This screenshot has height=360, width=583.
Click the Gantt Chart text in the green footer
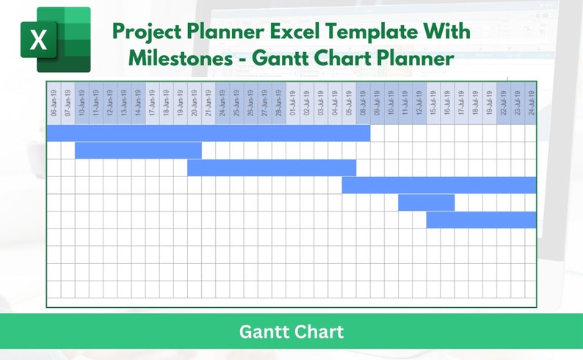point(291,331)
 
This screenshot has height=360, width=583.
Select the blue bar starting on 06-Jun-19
point(209,133)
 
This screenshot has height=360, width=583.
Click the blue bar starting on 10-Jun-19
point(138,150)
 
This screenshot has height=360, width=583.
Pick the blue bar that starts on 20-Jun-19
point(272,168)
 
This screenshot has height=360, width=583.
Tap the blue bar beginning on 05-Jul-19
point(439,185)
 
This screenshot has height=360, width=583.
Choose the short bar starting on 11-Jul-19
point(427,202)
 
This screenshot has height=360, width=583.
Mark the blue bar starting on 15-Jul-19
point(481,220)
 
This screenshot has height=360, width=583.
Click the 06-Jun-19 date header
point(54,104)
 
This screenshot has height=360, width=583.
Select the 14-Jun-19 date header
point(138,104)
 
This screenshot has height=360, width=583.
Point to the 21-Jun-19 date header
point(209,104)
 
